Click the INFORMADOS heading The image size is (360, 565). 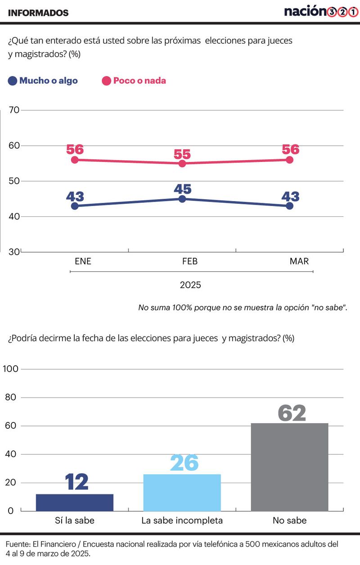38,13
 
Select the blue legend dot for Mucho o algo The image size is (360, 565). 13,81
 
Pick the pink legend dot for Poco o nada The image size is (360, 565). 106,81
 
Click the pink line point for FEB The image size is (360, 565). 182,163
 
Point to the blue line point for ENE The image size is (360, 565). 75,206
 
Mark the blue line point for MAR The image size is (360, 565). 289,206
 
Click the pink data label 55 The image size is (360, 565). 182,153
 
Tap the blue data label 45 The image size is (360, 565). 182,189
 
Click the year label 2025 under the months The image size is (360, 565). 190,285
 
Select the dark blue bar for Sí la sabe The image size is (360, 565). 75,502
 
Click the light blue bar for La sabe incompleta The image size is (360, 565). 182,493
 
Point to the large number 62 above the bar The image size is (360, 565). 292,413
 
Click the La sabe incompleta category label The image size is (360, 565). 182,521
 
